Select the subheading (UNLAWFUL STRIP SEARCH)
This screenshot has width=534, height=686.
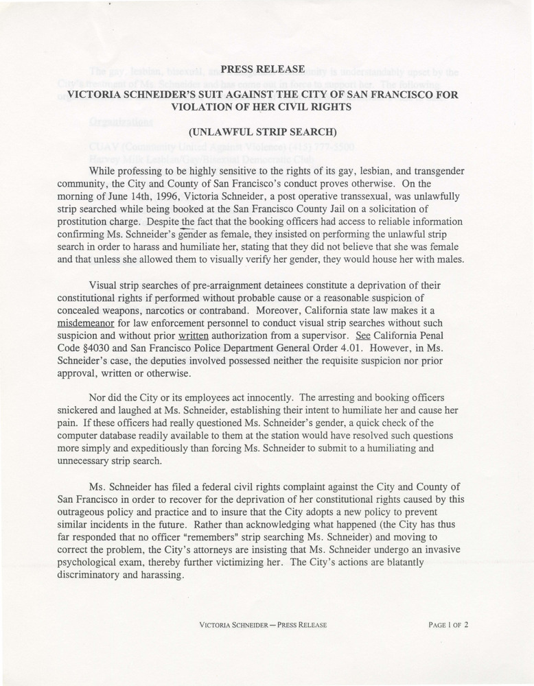tap(266, 130)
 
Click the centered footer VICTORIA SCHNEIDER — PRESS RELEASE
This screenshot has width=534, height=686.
tap(262, 624)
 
